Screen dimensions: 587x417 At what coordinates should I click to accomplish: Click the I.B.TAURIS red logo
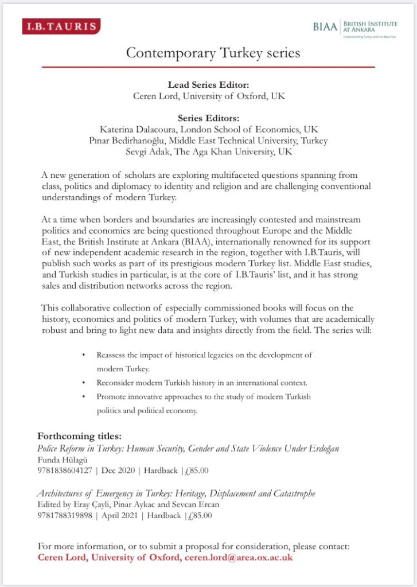(x=61, y=26)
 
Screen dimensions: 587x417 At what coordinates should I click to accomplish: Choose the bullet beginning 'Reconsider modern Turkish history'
(x=194, y=382)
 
